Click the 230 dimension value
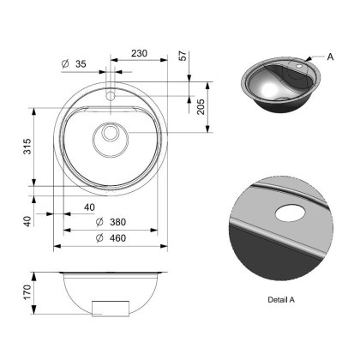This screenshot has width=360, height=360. [x=139, y=53]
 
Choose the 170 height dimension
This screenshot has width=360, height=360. [x=28, y=294]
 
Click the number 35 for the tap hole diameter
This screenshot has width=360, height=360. [x=82, y=64]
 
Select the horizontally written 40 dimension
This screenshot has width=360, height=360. [x=90, y=206]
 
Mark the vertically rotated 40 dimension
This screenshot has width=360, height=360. [x=28, y=220]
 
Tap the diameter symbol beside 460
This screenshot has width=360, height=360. [x=102, y=237]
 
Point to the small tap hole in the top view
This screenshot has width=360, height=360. [x=111, y=96]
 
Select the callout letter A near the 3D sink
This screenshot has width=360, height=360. [x=329, y=57]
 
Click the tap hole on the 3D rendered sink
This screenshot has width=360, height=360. [x=302, y=65]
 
